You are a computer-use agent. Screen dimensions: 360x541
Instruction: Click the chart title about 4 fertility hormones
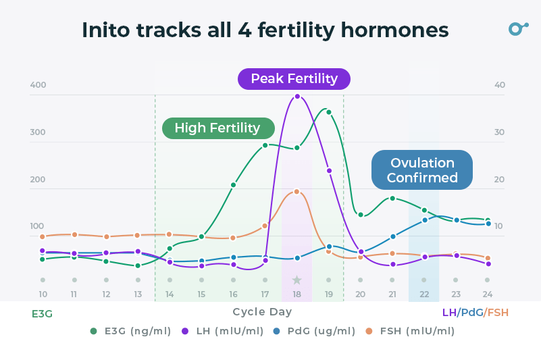tap(265, 30)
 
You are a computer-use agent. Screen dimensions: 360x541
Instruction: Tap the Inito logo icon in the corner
tap(517, 28)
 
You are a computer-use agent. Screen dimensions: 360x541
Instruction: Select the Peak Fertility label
tap(294, 79)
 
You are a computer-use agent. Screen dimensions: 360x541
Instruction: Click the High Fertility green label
tap(217, 128)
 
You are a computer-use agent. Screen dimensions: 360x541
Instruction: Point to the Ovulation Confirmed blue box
tap(422, 170)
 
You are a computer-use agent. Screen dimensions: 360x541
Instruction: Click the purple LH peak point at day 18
tap(297, 97)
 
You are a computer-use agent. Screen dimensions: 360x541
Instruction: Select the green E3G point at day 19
tap(329, 112)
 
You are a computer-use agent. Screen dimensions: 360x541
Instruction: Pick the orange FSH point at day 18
tap(297, 192)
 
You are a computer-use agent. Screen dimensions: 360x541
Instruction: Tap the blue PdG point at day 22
tap(424, 220)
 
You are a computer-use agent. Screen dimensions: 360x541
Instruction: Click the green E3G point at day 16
tap(233, 184)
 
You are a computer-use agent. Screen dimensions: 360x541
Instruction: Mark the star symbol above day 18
tap(297, 280)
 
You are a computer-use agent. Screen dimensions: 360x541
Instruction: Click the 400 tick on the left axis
tap(38, 85)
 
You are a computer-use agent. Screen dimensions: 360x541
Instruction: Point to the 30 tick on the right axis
tap(499, 132)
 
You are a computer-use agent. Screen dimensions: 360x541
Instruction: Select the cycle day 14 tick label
tap(170, 294)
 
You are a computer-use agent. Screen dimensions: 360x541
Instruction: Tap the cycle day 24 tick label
tap(488, 294)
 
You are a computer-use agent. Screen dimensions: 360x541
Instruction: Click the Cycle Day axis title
tap(262, 312)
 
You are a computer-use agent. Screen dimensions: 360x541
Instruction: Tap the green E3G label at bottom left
tap(42, 313)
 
